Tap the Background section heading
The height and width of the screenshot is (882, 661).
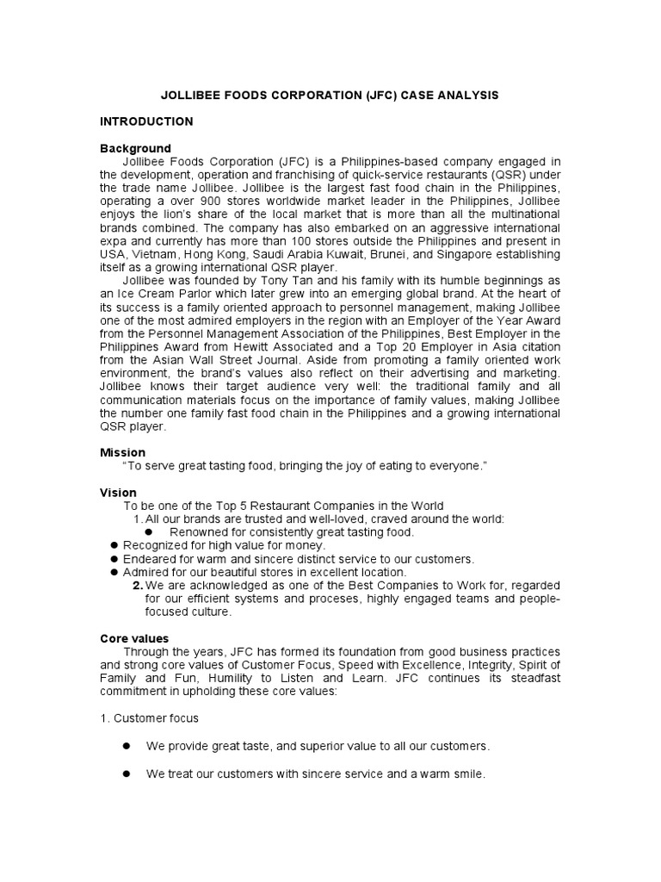coord(135,148)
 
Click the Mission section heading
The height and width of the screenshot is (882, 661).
coord(123,452)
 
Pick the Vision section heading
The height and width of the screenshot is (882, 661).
coord(119,493)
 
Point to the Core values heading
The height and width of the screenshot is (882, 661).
coord(135,638)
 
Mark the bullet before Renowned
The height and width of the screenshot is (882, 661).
coord(159,532)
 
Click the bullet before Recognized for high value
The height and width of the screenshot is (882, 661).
coord(114,546)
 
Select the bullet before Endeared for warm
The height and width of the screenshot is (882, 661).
coord(114,559)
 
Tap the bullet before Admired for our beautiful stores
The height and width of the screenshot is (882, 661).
coord(114,572)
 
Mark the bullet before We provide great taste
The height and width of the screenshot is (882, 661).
coord(126,745)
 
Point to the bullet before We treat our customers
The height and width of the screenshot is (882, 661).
coord(126,774)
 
